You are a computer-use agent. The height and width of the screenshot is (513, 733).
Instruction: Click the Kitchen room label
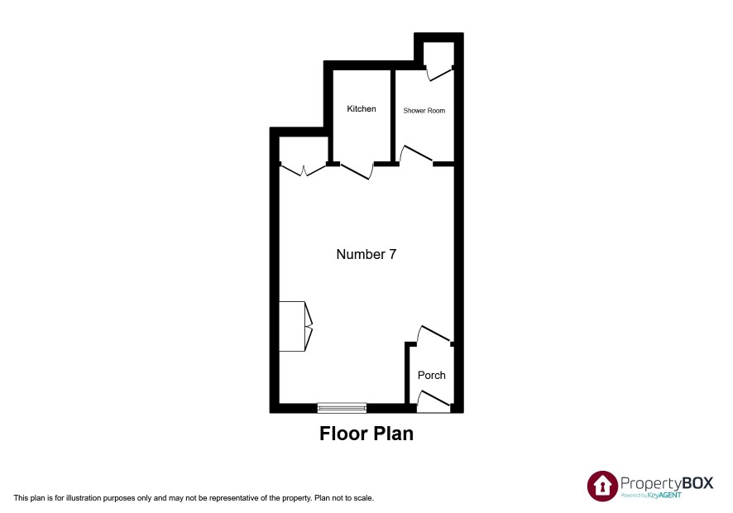[362, 108]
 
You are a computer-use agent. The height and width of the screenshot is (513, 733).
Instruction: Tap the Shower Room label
[424, 110]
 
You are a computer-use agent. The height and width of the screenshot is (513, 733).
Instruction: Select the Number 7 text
[366, 254]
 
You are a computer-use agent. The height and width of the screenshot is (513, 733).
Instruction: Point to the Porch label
[432, 375]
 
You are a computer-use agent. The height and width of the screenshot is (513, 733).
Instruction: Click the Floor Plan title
[366, 434]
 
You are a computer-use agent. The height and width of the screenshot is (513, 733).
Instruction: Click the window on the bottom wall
[342, 408]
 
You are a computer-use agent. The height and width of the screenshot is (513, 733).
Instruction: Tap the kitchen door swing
[357, 171]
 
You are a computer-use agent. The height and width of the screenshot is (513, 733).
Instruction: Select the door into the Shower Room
[415, 154]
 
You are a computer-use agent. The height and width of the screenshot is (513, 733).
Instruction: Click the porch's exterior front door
[434, 401]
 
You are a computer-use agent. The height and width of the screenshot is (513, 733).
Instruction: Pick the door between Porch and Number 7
[434, 333]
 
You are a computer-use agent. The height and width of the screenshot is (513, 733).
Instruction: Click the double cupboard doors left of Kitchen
[304, 170]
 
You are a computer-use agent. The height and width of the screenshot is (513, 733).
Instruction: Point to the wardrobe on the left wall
[295, 326]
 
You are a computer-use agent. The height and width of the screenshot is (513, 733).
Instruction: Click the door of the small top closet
[439, 74]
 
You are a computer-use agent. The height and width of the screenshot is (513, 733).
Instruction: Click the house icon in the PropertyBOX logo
[602, 486]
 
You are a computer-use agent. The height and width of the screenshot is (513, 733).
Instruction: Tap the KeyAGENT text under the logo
[664, 496]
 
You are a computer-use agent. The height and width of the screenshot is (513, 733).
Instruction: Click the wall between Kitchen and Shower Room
[393, 115]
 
